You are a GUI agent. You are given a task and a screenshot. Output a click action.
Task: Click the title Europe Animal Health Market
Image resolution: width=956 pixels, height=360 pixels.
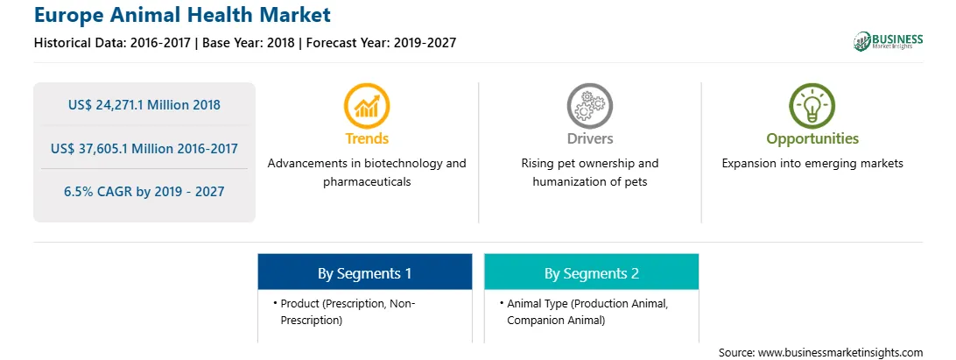182,14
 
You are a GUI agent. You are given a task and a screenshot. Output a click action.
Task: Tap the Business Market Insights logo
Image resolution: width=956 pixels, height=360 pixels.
888,41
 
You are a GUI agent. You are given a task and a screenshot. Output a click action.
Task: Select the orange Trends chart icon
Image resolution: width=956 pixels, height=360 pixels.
367,105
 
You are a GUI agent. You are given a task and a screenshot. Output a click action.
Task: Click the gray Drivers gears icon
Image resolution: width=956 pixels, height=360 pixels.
589,105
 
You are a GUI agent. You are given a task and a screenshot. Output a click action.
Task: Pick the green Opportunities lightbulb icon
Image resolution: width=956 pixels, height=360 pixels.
812,105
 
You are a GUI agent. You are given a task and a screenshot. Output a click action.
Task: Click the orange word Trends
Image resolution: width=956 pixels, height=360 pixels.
367,138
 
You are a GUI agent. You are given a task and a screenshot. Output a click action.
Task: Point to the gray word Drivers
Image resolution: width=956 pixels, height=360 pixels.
589,138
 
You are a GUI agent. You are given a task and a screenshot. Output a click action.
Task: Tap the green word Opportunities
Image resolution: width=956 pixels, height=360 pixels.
812,139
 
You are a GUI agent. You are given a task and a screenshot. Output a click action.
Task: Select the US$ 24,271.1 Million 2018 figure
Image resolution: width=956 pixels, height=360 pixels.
144,105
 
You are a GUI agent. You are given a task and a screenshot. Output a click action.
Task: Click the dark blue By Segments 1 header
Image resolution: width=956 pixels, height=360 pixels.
364,272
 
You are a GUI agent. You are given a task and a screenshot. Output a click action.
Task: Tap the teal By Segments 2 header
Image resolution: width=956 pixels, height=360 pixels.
592,272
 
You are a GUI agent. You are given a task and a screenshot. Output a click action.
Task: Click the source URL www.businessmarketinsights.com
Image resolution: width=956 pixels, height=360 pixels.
840,352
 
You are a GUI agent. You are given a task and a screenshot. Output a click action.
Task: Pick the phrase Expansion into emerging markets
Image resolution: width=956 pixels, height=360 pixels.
812,164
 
